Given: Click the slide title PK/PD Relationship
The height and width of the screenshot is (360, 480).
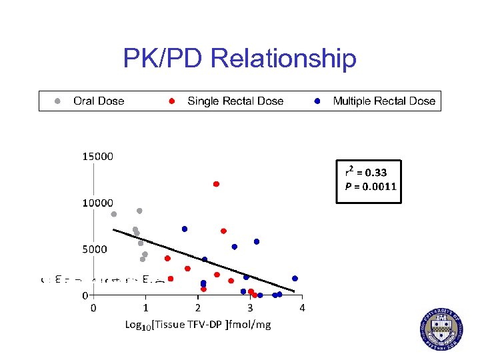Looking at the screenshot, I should click(239, 59).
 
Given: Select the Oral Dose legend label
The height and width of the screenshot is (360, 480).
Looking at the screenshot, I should click(99, 101).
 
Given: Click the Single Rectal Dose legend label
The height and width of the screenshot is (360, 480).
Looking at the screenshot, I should click(235, 101).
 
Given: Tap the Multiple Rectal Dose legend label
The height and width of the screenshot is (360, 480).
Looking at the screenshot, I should click(384, 101).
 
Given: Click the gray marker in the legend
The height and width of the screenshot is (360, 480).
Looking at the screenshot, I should click(58, 101).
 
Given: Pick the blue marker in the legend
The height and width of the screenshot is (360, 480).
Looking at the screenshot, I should click(318, 101).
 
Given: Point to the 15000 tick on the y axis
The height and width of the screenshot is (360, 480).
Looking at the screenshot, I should click(97, 157).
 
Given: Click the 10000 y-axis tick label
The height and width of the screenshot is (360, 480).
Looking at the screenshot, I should click(97, 202).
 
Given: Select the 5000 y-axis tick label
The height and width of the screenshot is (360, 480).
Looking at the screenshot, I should click(95, 249).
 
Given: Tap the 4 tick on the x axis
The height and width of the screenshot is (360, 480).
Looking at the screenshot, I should click(302, 308).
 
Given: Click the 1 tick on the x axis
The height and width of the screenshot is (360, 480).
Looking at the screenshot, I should click(145, 308).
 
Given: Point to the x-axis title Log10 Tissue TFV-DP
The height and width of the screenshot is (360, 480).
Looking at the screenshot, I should click(197, 325).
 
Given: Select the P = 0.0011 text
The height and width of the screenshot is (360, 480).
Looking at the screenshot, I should click(370, 186).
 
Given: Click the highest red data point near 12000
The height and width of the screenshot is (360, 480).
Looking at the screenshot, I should click(216, 184).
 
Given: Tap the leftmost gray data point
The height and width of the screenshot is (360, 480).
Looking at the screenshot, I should click(114, 214).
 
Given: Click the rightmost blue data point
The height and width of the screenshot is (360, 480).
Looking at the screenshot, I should click(295, 279).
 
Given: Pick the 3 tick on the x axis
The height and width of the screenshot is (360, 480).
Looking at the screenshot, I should click(250, 308).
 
